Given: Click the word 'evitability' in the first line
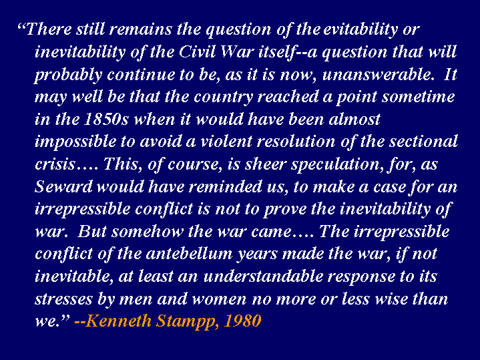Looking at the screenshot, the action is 361,30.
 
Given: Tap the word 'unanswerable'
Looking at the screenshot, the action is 378,74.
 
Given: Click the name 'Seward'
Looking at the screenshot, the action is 63,186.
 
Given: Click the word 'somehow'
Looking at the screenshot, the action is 148,232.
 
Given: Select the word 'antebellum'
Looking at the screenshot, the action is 190,254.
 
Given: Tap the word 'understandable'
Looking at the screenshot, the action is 263,277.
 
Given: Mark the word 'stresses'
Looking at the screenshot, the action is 63,299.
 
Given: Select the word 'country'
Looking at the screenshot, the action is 223,98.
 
